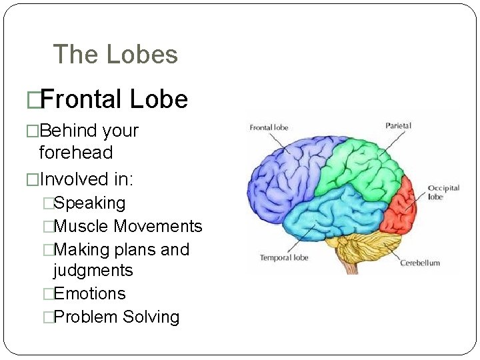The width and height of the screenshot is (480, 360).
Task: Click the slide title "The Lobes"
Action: coord(115,54)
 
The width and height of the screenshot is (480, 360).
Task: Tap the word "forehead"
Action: coord(76,153)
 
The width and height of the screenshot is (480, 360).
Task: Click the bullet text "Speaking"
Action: coord(89,203)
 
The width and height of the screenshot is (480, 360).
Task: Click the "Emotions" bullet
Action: coord(89,293)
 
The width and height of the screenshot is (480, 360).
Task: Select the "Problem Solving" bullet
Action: coord(116,317)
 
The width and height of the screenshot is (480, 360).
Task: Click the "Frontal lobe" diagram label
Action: coord(269,127)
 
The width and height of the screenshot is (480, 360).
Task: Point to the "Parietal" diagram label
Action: coord(398,125)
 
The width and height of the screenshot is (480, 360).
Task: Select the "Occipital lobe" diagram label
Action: coord(443,192)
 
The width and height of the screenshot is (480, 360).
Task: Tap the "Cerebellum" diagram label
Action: coord(420,263)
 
